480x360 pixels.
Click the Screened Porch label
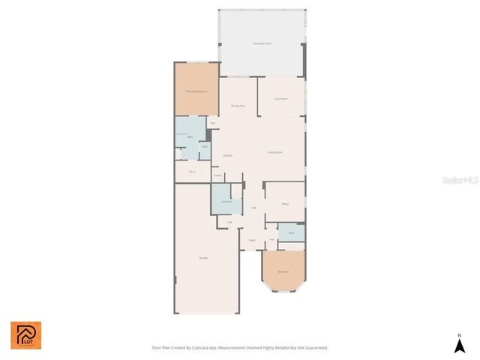click(x=262, y=44)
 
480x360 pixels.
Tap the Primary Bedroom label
click(x=196, y=91)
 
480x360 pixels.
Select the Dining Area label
click(x=238, y=106)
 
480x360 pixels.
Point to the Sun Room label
click(x=281, y=99)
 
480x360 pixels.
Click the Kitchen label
click(x=227, y=155)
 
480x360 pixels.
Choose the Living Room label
click(x=275, y=152)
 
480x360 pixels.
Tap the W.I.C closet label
click(x=193, y=172)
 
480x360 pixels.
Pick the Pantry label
click(x=217, y=175)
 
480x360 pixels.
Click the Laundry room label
click(x=226, y=201)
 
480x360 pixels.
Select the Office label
click(x=285, y=204)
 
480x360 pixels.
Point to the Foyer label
click(x=252, y=240)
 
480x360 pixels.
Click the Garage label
click(x=203, y=258)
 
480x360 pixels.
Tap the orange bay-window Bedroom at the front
click(x=283, y=271)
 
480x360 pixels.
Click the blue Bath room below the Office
click(x=291, y=233)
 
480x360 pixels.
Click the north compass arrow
click(x=460, y=346)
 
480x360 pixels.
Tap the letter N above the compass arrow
click(x=460, y=334)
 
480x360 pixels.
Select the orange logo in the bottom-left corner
click(x=25, y=335)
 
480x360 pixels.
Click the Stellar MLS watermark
click(x=460, y=181)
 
